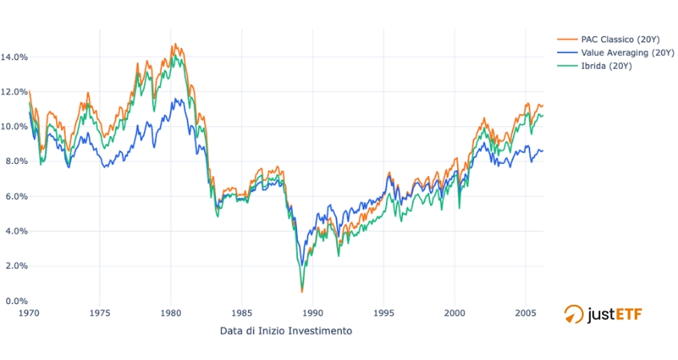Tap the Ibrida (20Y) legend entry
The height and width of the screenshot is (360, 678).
click(x=600, y=66)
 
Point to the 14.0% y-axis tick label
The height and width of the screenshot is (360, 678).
click(x=14, y=57)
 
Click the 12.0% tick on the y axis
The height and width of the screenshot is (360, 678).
click(x=14, y=92)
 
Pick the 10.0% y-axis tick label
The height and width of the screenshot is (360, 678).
click(x=14, y=126)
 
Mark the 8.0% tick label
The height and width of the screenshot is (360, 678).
click(x=16, y=162)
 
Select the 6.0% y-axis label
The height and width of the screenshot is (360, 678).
click(x=16, y=196)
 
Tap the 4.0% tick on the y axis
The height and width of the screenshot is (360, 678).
click(x=16, y=231)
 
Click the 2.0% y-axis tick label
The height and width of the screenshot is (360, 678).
click(x=16, y=266)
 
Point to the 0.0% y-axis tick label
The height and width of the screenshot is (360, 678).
click(x=16, y=301)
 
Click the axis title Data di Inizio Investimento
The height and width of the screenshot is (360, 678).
click(x=286, y=330)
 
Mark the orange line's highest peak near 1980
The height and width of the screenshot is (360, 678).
click(x=175, y=44)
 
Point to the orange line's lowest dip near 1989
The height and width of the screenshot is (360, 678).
click(x=302, y=291)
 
